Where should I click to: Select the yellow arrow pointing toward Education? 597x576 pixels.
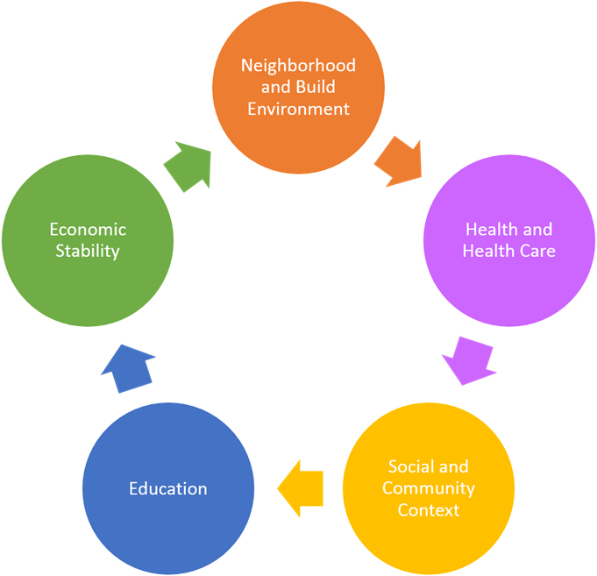point(301,488)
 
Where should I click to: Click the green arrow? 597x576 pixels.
point(189,166)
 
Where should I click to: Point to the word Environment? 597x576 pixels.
point(299,109)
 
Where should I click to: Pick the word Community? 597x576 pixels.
point(429,488)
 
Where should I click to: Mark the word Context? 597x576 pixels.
point(429,509)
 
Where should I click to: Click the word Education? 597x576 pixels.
point(168,488)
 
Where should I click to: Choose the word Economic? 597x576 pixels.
point(88,230)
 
